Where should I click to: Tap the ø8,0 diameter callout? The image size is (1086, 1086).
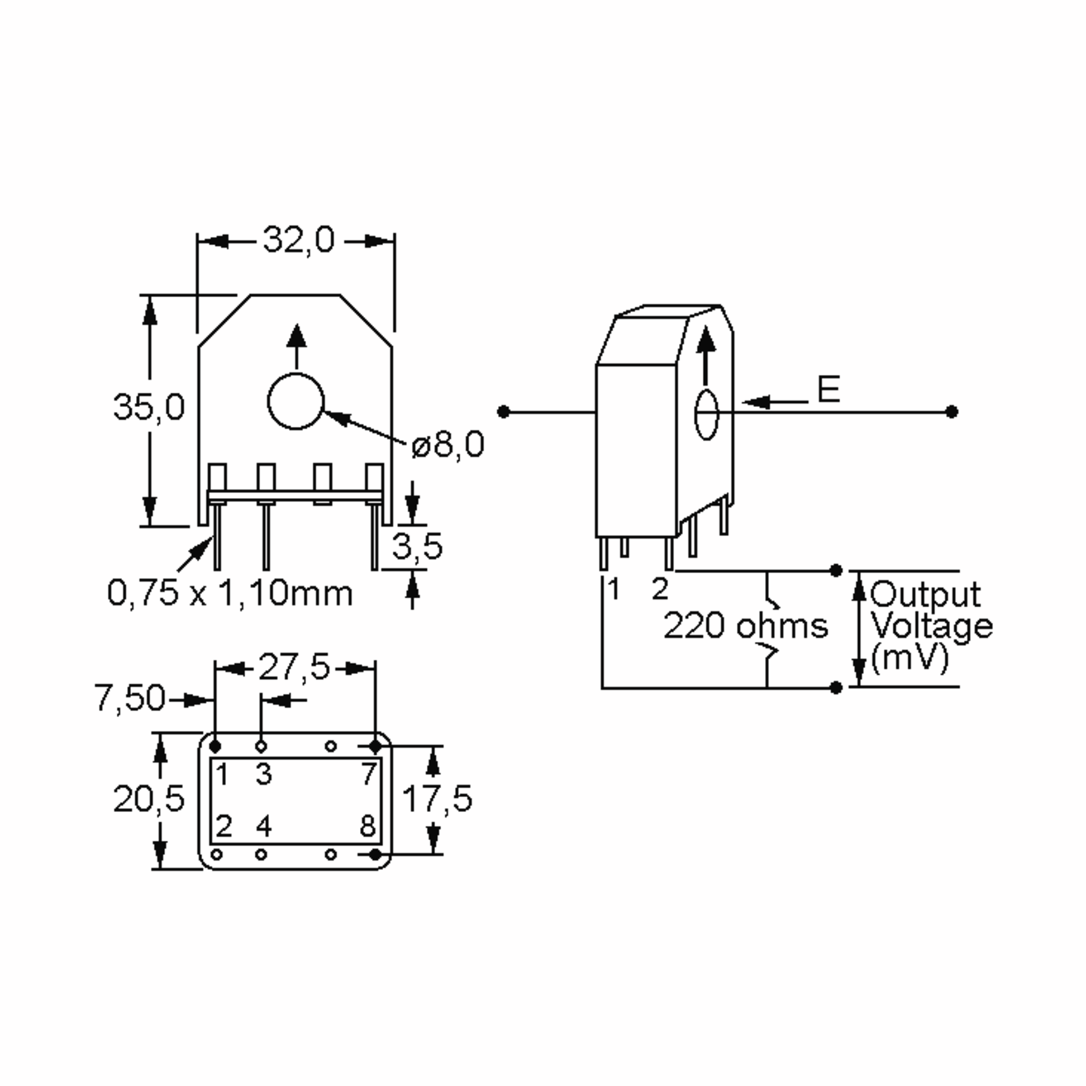point(448,445)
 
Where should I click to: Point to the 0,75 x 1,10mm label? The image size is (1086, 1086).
point(230,593)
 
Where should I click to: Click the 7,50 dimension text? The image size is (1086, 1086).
point(130,698)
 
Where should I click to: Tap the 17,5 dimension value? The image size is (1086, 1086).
point(437,799)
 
